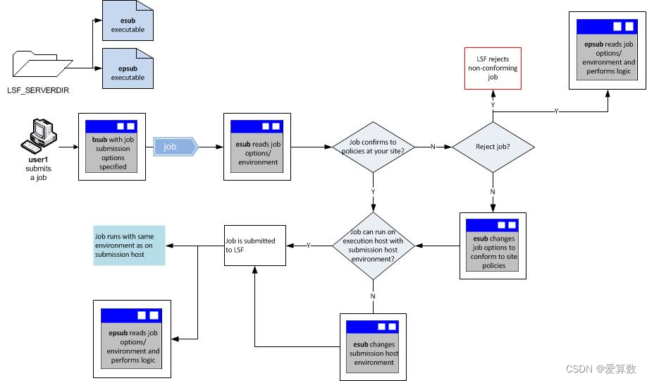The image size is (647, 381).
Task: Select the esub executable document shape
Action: click(x=128, y=21)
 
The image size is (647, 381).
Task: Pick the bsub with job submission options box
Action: click(x=112, y=147)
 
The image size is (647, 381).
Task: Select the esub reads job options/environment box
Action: click(x=257, y=147)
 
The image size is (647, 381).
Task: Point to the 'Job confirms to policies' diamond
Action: click(x=374, y=147)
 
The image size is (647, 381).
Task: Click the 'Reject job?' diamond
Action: click(x=493, y=147)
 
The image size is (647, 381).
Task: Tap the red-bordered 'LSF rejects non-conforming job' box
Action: click(x=493, y=68)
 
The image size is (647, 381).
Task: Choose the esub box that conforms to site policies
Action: click(x=493, y=245)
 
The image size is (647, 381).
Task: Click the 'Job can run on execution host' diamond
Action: click(x=374, y=246)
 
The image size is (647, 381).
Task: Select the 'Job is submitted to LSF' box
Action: click(x=254, y=246)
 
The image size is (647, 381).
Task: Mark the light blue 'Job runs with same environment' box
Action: click(x=129, y=245)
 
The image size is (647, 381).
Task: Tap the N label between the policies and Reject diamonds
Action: click(x=433, y=147)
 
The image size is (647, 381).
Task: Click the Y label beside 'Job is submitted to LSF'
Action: click(x=308, y=246)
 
